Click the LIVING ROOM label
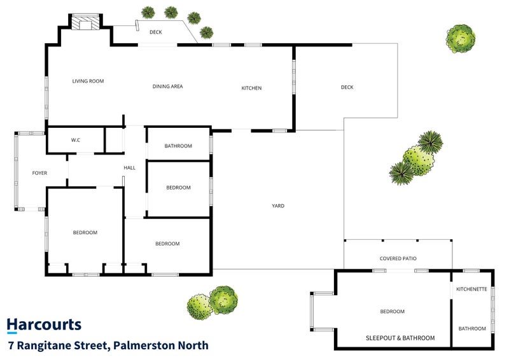pos(88,81)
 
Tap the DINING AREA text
pos(167,87)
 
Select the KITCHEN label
pos(251,88)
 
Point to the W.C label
pos(76,140)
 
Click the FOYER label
pos(39,173)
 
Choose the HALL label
pos(130,168)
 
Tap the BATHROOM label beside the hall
pos(178,146)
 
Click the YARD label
pos(278,206)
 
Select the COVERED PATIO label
pos(398,258)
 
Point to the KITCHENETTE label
pos(471,289)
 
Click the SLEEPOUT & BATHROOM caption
pos(400,338)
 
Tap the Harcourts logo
pos(44,325)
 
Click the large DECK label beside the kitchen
pos(347,87)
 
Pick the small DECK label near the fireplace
pos(156,32)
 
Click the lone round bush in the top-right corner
pos(460,39)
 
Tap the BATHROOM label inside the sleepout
pos(472,328)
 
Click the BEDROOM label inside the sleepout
pos(392,312)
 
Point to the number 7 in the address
pos(11,345)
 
